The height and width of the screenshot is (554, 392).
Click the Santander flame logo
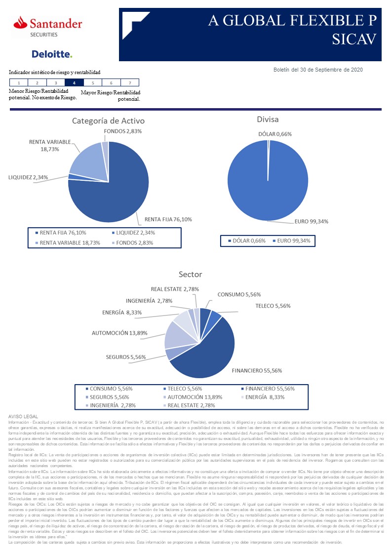point(20,22)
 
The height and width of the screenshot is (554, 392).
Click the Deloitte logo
point(52,54)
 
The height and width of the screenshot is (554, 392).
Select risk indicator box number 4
point(74,83)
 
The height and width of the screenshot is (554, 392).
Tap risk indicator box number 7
point(129,83)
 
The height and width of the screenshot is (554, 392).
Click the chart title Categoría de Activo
point(108,121)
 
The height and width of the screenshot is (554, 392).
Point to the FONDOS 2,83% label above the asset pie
point(123,131)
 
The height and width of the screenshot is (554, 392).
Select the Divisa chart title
point(268,119)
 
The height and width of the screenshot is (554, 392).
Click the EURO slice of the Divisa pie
point(267,183)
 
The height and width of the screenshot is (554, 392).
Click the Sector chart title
point(190,275)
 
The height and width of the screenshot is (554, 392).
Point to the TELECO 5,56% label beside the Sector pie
point(273,306)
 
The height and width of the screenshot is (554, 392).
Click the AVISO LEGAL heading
point(23,417)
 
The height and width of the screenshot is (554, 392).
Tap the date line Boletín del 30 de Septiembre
point(318,70)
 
